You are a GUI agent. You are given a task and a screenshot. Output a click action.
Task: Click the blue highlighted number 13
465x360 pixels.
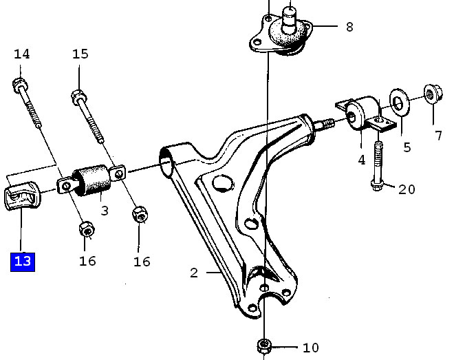tap(23, 262)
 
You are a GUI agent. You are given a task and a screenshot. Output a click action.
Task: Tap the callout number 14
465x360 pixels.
tap(22, 54)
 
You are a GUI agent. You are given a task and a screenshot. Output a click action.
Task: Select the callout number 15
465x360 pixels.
tap(80, 54)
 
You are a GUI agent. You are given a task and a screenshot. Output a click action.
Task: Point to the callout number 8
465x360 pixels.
tap(350, 27)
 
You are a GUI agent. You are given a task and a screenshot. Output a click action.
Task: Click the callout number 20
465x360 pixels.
tap(407, 189)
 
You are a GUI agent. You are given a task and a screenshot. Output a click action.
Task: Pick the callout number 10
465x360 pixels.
tap(311, 348)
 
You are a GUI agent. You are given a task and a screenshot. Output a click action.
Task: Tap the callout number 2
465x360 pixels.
tap(194, 273)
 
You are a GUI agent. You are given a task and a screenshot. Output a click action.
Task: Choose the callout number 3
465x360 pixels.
tap(105, 211)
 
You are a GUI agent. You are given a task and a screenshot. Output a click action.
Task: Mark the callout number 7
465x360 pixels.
tap(439, 136)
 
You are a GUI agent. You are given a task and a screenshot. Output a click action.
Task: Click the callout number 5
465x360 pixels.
tap(407, 147)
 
